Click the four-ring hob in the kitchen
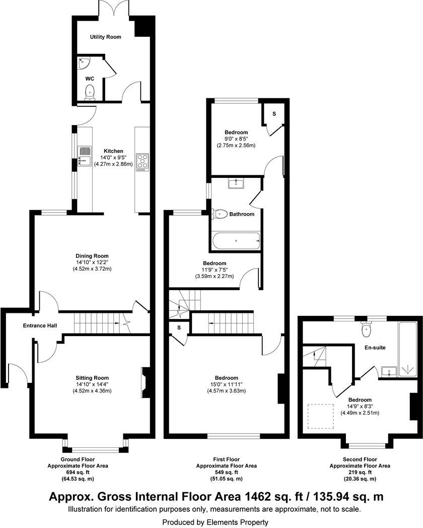pos(142,162)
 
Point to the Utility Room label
pos(105,37)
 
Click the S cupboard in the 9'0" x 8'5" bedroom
pos(274,114)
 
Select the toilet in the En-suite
pos(367,330)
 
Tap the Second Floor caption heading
pos(360,459)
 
